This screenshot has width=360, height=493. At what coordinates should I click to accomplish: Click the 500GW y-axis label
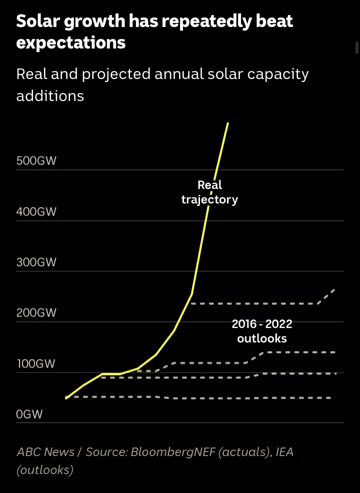coord(36,161)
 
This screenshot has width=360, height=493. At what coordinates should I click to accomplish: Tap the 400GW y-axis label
coord(36,212)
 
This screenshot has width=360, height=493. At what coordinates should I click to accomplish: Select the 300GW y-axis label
coord(36,262)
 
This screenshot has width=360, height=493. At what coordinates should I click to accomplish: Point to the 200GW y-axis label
coord(36,313)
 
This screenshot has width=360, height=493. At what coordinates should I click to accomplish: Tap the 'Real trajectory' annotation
coord(209,192)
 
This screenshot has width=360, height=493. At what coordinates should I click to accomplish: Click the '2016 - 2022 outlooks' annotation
coord(262,331)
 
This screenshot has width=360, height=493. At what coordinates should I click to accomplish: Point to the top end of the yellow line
coord(228,122)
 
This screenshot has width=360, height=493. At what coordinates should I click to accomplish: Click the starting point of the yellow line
coord(66,398)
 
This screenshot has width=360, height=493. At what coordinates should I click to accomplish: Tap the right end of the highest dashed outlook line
coord(334,288)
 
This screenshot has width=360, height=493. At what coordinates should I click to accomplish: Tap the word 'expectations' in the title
coord(70,42)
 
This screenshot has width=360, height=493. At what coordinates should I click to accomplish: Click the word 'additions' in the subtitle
coord(50,95)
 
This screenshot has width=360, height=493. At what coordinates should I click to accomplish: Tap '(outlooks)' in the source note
coord(45,470)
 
